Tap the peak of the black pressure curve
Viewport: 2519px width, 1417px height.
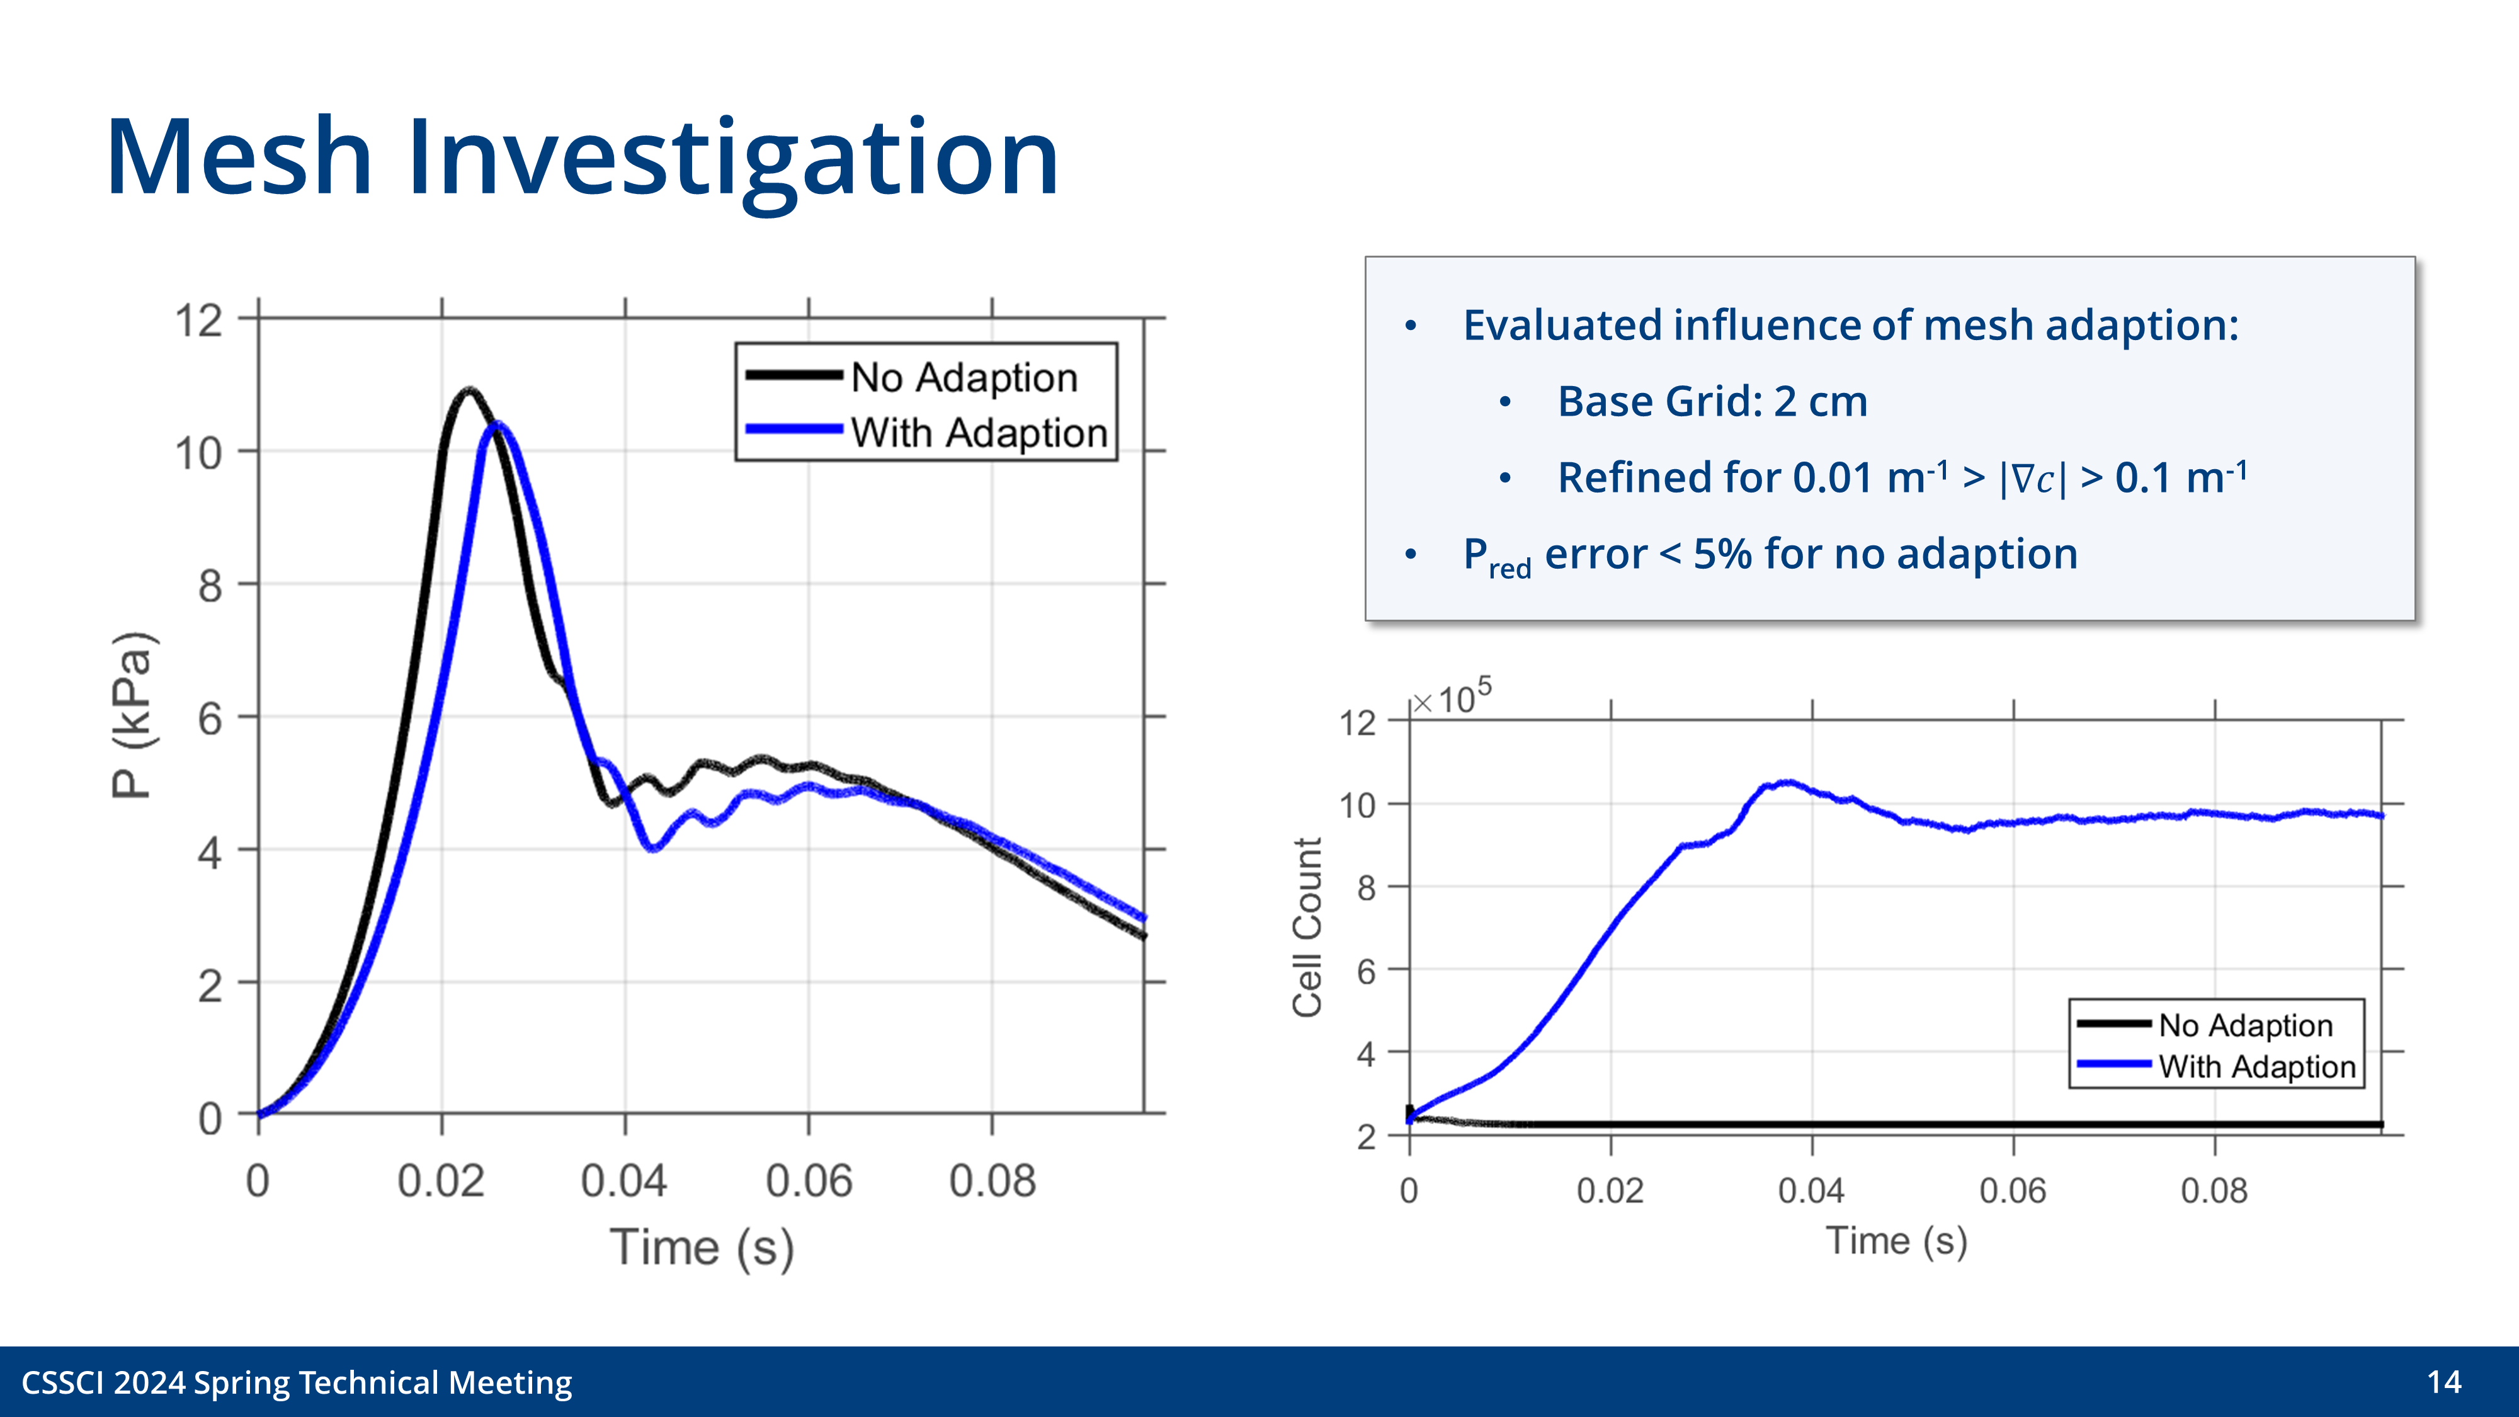pyautogui.click(x=469, y=390)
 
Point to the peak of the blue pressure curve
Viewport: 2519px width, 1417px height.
pyautogui.click(x=499, y=424)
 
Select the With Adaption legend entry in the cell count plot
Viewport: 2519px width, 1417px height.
pyautogui.click(x=2256, y=1066)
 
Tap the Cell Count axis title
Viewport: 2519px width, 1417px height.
pyautogui.click(x=1307, y=927)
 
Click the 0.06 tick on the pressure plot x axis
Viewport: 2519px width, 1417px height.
pyautogui.click(x=809, y=1181)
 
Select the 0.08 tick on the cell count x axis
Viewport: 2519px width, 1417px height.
pyautogui.click(x=2214, y=1191)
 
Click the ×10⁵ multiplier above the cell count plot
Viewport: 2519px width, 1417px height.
pyautogui.click(x=1453, y=697)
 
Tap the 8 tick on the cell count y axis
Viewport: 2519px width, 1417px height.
pyautogui.click(x=1366, y=888)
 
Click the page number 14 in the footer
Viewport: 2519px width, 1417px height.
pyautogui.click(x=2443, y=1382)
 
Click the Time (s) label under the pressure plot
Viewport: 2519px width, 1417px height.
pyautogui.click(x=701, y=1248)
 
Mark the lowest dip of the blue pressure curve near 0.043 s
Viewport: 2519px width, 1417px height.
pyautogui.click(x=653, y=848)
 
